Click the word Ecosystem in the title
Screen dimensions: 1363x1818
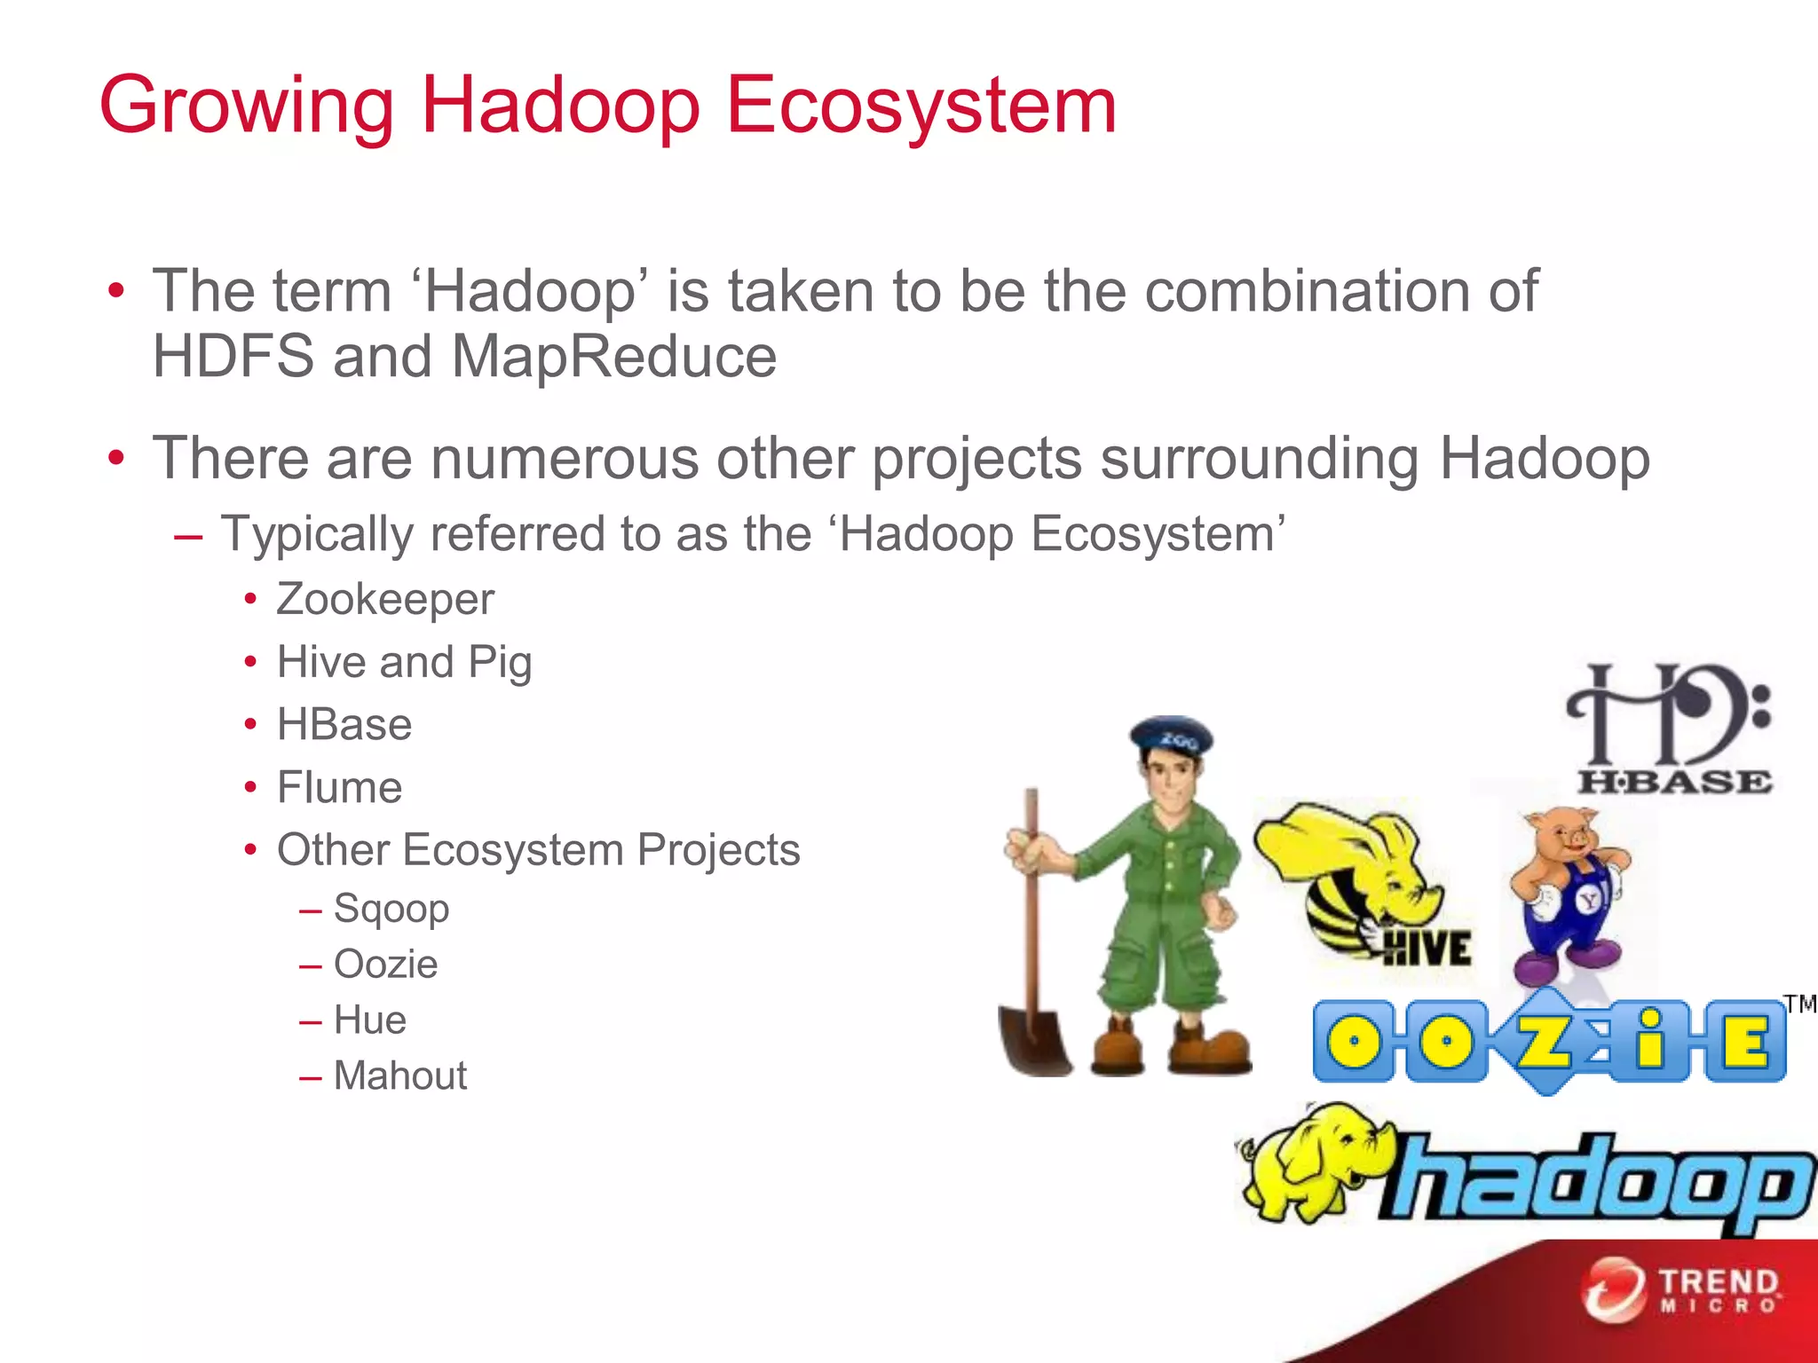921,106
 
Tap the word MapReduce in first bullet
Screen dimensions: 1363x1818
614,357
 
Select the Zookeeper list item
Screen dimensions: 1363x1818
385,600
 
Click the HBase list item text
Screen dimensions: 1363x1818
344,725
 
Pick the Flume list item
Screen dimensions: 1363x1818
339,788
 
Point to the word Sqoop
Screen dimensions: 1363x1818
391,909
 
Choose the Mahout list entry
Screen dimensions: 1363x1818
400,1076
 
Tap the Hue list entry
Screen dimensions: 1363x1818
370,1020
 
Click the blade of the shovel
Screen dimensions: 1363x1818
1036,1038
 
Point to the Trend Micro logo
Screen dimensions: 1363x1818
1682,1291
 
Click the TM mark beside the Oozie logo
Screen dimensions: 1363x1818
1800,1005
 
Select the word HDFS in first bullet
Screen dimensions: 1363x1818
233,357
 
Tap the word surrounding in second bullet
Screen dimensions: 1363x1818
1260,460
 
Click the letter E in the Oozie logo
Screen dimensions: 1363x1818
1744,1041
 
